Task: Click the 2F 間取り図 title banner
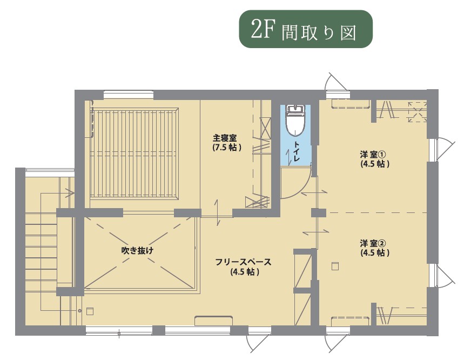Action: coord(306,29)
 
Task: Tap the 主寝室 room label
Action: coord(225,138)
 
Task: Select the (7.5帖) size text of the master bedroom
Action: coord(227,148)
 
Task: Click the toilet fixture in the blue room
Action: coord(295,121)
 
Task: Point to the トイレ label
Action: coord(297,151)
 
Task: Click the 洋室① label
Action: coord(373,155)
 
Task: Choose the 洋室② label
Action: coord(373,243)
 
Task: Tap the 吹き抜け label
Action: coord(138,250)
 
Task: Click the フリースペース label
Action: coord(243,262)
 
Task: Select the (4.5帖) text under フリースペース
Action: coord(245,272)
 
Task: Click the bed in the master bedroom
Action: coord(134,154)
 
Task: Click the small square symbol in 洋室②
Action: coord(335,266)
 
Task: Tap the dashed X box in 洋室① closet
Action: coord(418,112)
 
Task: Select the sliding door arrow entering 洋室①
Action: coord(314,192)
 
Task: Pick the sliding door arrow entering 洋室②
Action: coord(315,231)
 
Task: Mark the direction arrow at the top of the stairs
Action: coord(57,192)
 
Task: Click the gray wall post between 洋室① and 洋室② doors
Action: coord(318,213)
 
